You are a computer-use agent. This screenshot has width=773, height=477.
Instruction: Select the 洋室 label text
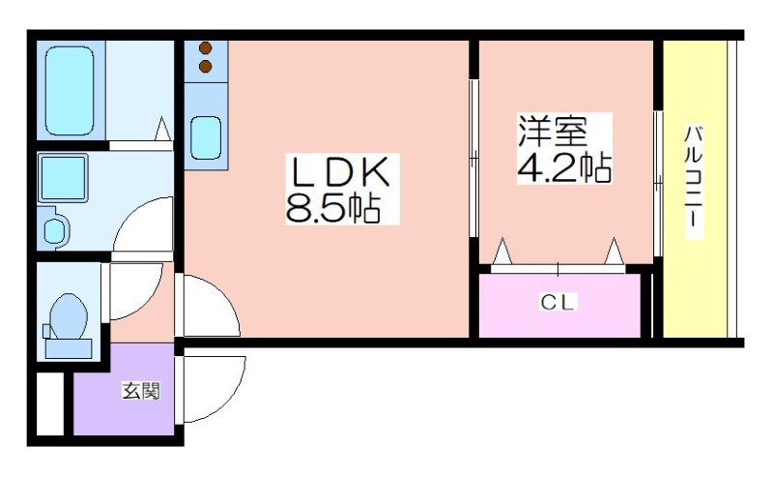[x=553, y=132]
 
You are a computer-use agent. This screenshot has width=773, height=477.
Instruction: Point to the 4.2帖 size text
[x=564, y=167]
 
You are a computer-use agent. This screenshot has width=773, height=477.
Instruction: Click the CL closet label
[x=558, y=302]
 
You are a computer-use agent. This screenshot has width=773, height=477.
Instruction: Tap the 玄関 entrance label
[x=141, y=391]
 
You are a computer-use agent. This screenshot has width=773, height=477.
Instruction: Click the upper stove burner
[x=206, y=48]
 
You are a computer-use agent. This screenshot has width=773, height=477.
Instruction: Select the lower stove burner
[x=206, y=66]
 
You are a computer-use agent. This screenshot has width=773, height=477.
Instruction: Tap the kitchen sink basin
[x=206, y=137]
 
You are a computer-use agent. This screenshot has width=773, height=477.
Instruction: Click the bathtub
[x=70, y=91]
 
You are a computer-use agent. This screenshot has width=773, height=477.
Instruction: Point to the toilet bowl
[x=69, y=317]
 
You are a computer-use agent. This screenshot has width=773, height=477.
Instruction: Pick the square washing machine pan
[x=63, y=178]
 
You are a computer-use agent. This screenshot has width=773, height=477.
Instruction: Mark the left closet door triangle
[x=502, y=251]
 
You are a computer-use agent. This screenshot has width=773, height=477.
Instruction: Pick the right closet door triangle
[x=615, y=251]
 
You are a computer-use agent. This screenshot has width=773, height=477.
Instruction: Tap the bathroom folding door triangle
[x=162, y=129]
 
